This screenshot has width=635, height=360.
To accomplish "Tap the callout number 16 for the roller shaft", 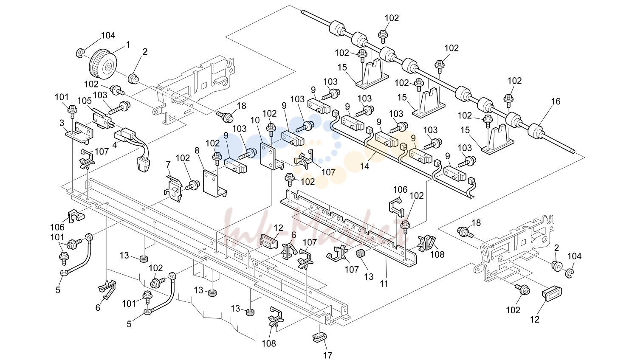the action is (x=556, y=101).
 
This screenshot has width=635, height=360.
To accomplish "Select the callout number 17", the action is (x=328, y=355).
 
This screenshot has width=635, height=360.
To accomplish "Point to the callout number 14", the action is (x=364, y=166).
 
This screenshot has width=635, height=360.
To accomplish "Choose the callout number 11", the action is (x=384, y=284).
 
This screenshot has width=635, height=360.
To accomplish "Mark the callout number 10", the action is (x=255, y=120).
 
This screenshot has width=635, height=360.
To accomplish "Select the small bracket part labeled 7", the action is (x=173, y=188).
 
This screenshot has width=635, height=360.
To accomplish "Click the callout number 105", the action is (x=85, y=101).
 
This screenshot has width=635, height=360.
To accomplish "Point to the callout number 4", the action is (x=115, y=145).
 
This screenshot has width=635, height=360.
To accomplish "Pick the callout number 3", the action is (x=62, y=123).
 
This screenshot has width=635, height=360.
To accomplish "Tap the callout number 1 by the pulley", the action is (x=128, y=45).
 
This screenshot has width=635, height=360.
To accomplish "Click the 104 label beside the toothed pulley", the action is (x=108, y=35).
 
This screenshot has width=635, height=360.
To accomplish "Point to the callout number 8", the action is (x=197, y=150).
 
